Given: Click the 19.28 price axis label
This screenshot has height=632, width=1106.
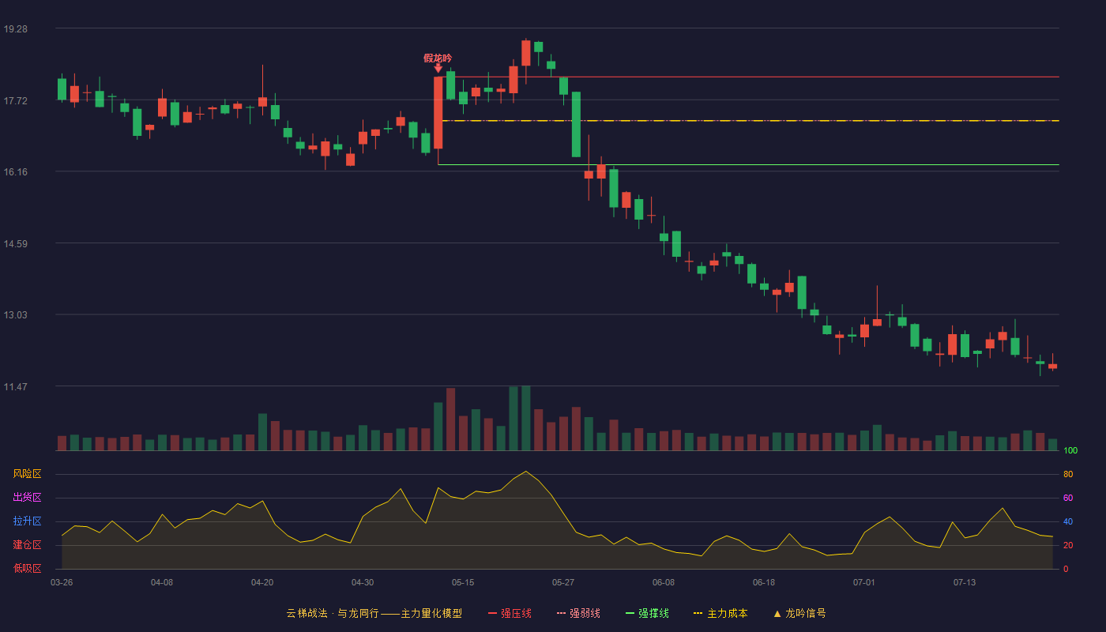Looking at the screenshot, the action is click(15, 29).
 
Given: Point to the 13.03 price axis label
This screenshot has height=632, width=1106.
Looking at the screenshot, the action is click(15, 315).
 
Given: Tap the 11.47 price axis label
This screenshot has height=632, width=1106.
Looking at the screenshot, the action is click(15, 386).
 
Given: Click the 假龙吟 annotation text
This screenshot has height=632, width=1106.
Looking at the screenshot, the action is click(438, 58).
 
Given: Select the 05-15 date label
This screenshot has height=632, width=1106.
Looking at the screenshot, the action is click(463, 583).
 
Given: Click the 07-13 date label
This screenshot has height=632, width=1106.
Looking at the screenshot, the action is click(965, 583).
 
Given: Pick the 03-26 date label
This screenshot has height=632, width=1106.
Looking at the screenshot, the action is click(62, 583).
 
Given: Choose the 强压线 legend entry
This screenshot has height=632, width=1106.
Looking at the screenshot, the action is click(510, 613).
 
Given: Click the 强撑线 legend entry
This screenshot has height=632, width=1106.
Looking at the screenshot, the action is click(647, 613).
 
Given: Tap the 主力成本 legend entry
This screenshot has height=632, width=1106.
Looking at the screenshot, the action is click(720, 613).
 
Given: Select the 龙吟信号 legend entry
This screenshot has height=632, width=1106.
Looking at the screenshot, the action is click(799, 613).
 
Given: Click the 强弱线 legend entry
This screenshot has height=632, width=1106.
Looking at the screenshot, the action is click(578, 613).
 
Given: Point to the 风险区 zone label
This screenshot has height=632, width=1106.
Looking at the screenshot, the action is click(27, 474).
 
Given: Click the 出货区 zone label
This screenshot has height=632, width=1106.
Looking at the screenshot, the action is click(27, 497).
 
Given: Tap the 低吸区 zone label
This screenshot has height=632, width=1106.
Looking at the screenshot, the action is click(27, 568).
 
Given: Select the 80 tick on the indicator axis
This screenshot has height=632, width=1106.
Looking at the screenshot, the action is click(1068, 474).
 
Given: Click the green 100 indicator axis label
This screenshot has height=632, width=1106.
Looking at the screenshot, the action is click(1070, 450).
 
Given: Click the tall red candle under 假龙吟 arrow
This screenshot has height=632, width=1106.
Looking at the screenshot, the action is click(438, 112).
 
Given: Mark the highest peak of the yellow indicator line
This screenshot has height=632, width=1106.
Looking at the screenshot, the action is click(526, 471).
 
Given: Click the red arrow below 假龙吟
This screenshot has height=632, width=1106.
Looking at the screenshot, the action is click(438, 68).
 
